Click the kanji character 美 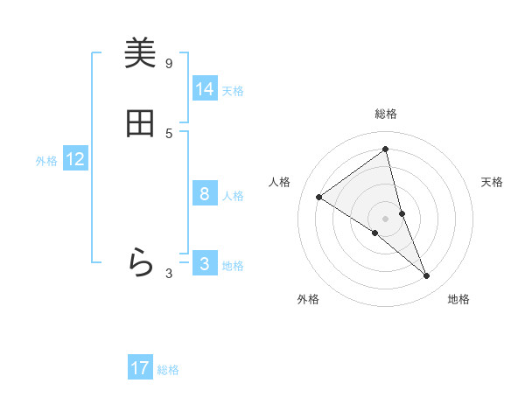[x=140, y=54]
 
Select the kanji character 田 [x=140, y=124]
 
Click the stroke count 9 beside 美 [x=169, y=63]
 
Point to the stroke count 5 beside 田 [x=169, y=133]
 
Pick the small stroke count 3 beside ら [x=169, y=273]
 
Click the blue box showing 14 [x=205, y=89]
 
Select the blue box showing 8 [x=205, y=194]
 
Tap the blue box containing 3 [x=205, y=264]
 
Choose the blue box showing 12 [x=75, y=159]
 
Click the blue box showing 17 [x=140, y=368]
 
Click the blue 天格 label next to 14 [x=233, y=91]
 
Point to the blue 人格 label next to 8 [x=233, y=196]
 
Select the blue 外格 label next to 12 [x=46, y=161]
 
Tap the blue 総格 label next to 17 [x=168, y=370]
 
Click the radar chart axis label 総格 [x=386, y=114]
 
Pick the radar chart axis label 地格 [x=458, y=299]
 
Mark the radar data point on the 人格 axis [x=319, y=197]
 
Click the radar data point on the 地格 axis [x=427, y=276]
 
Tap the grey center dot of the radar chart [x=386, y=218]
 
